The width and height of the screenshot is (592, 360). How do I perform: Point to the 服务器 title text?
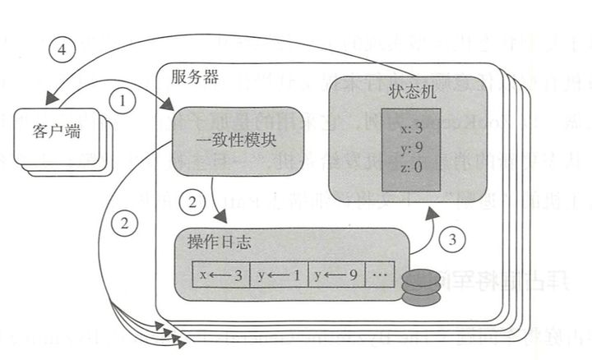194,77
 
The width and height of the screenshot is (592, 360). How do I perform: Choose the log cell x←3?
219,275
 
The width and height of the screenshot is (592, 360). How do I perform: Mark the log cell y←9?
335,275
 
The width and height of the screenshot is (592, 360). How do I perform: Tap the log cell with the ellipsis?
381,275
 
